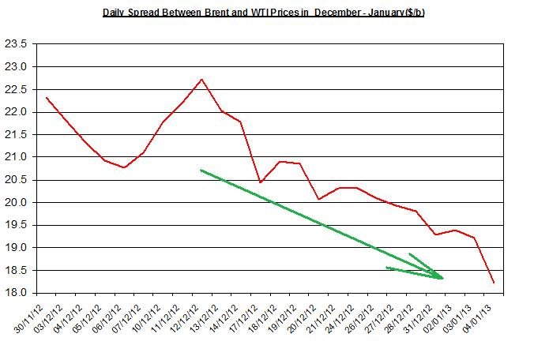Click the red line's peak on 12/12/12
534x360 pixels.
click(x=202, y=79)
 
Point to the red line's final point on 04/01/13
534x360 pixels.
click(x=495, y=283)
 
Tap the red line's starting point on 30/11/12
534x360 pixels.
click(x=47, y=98)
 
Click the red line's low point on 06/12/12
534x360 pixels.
click(x=125, y=167)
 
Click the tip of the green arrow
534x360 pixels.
click(x=443, y=278)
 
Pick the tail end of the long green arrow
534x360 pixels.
click(x=201, y=170)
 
